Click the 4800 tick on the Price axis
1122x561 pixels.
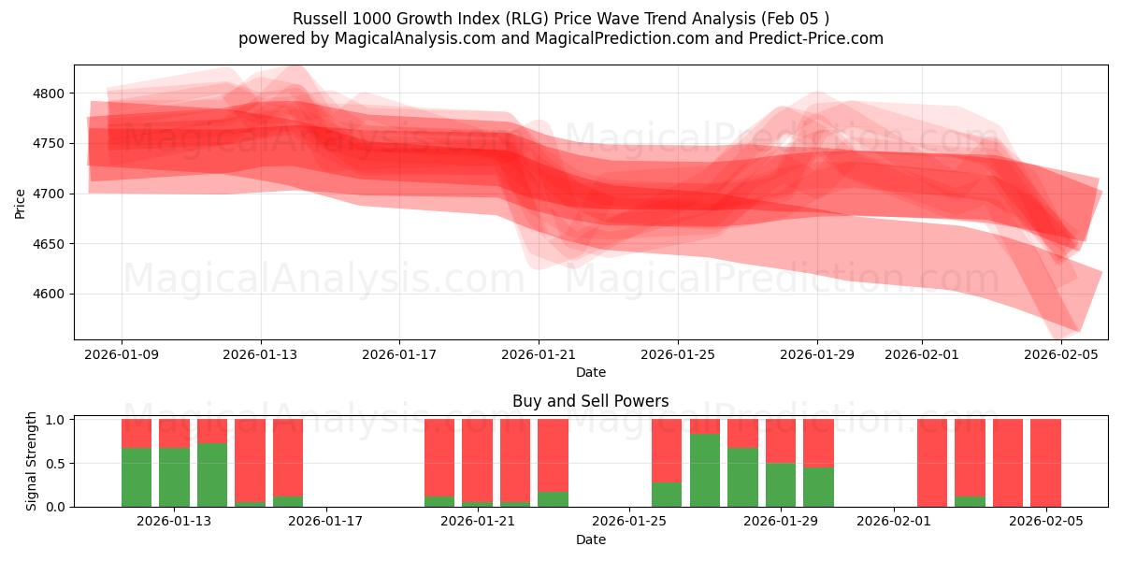coord(47,93)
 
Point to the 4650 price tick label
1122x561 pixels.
coord(47,244)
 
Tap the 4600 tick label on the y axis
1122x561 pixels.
coord(47,295)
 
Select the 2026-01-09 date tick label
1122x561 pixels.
coord(121,354)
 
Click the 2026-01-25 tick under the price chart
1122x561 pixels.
coord(678,354)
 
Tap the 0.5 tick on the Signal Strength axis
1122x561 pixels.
coord(54,464)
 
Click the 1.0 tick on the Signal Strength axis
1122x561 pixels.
coord(54,420)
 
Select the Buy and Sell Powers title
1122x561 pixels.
coord(590,401)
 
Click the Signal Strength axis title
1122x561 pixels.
coord(32,461)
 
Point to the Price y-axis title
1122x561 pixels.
coord(21,202)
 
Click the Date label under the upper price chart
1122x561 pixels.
coord(590,372)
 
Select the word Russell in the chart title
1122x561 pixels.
coord(319,19)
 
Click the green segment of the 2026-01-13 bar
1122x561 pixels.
coord(175,477)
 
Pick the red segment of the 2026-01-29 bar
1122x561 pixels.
coord(781,440)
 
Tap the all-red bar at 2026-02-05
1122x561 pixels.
coord(1045,463)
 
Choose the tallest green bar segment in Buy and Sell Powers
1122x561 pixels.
coord(704,469)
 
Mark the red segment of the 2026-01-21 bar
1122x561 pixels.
coord(477,460)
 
